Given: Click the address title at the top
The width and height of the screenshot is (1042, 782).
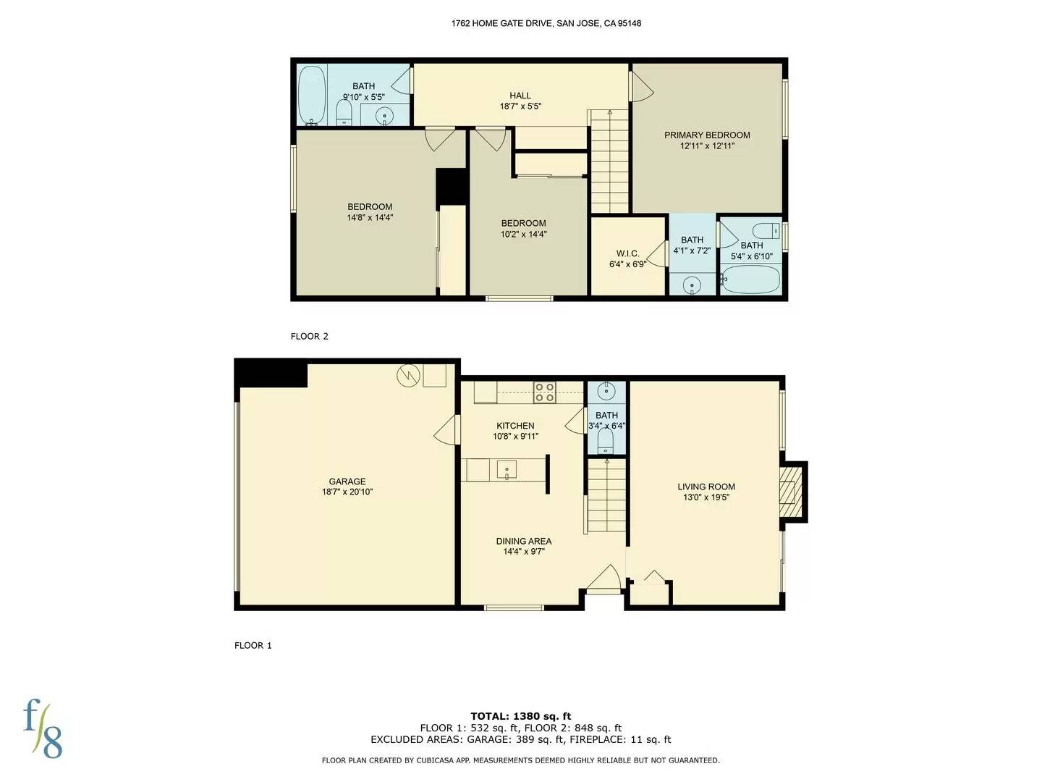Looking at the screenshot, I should pos(546,23).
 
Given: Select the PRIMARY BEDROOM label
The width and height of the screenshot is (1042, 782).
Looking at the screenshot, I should pos(707,135).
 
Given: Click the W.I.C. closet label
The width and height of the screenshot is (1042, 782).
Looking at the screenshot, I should pos(627,253).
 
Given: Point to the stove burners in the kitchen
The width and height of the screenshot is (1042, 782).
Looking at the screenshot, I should pos(545,392).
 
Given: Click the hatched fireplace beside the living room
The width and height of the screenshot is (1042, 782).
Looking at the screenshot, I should pos(792,493).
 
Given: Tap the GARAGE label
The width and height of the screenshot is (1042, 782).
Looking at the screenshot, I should pos(347,482).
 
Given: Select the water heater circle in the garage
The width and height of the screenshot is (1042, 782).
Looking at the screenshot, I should pos(407,375).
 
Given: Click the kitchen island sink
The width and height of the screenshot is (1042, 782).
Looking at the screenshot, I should pos(507,470).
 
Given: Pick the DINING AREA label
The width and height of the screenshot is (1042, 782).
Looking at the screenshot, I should pos(524,541).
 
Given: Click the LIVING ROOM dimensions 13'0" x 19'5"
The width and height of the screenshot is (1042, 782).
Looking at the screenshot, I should pos(706,497).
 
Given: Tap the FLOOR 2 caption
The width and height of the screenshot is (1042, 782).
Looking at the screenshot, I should pos(310,336).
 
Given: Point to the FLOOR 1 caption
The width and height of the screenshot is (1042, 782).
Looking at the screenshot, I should pos(253,645).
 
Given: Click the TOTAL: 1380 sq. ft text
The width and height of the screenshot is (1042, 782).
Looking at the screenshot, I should pos(521,716).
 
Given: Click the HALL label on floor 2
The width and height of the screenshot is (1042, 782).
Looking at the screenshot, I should pos(520,95).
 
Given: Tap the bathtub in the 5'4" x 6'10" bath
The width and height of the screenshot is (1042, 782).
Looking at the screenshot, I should pos(751,279).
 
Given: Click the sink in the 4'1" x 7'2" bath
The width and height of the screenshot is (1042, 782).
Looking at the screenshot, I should pos(692,285).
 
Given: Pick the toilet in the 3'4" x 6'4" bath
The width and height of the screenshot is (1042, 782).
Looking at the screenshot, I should pos(606,443).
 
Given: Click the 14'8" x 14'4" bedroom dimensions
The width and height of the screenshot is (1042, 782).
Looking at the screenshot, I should pos(370,217).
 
